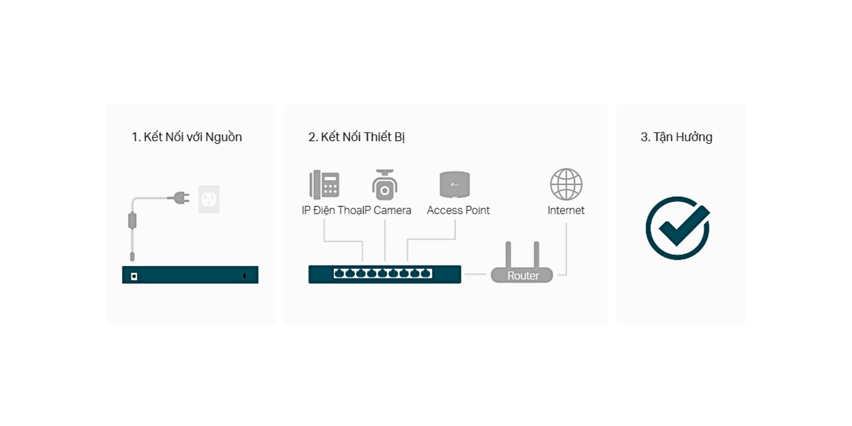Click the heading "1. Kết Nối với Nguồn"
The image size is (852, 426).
pos(186,137)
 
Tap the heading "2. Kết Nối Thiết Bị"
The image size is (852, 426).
pos(356,137)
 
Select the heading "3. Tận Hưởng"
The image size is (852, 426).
pos(676,137)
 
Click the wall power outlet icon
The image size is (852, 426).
pos(209,199)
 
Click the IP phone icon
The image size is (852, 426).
pos(324,184)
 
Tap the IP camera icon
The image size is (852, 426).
pos(384,185)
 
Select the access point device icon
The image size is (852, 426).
pos(455,184)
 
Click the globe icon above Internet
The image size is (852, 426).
pos(566,184)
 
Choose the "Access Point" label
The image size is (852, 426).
pos(458,210)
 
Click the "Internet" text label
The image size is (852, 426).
pos(566,210)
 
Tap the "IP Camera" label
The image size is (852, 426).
pos(387,210)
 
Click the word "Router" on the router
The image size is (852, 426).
pos(523,276)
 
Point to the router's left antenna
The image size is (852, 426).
pos(508,255)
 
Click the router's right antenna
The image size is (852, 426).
pos(536,255)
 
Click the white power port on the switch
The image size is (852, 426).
pos(134,276)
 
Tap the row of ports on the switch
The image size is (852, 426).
pos(383,274)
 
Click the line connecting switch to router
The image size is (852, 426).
pos(476,274)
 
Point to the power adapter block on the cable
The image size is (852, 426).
pos(133,220)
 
